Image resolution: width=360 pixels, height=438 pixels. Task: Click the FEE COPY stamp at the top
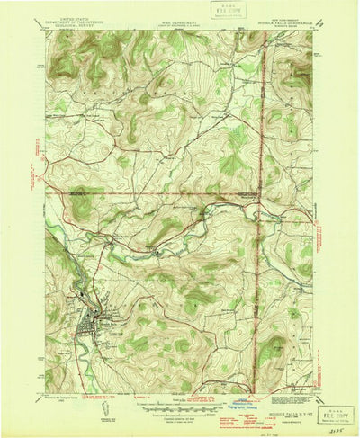226,12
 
